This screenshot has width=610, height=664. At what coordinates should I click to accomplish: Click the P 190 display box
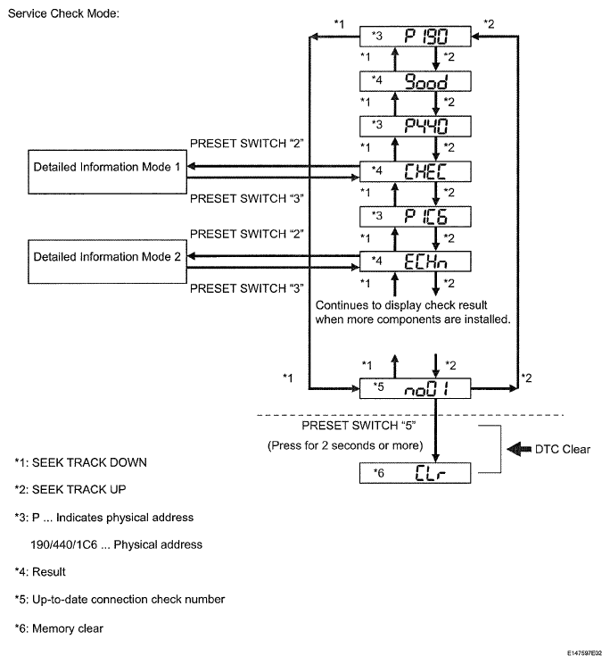click(415, 37)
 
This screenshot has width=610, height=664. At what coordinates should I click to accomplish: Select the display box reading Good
click(415, 81)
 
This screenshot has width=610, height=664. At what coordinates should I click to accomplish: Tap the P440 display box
click(415, 126)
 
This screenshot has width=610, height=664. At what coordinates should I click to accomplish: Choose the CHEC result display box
click(415, 171)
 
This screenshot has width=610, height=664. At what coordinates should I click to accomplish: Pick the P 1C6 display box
click(415, 216)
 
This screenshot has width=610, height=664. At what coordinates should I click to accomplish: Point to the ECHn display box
click(415, 261)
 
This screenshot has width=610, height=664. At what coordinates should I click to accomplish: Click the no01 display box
click(415, 388)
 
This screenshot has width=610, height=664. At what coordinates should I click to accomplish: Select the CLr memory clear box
click(415, 473)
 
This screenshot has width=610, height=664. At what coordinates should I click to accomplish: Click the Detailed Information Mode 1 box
click(107, 172)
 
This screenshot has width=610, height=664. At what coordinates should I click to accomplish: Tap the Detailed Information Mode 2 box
click(107, 261)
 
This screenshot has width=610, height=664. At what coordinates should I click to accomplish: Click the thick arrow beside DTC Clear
click(519, 449)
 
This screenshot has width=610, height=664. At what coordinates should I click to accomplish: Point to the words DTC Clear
click(562, 449)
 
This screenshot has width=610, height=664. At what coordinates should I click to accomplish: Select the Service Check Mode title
click(63, 13)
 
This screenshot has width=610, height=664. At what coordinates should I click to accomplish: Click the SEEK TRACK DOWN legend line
click(81, 462)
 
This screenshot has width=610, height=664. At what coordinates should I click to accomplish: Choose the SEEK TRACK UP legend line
click(70, 490)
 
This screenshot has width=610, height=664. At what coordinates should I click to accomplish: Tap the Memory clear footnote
click(59, 628)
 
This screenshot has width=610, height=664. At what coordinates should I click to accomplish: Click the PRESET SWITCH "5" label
click(359, 426)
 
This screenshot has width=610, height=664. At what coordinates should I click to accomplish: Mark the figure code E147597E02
click(585, 653)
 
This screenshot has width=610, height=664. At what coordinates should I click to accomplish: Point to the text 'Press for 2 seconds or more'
click(345, 445)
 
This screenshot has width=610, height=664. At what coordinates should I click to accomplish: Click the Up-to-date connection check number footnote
click(120, 600)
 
